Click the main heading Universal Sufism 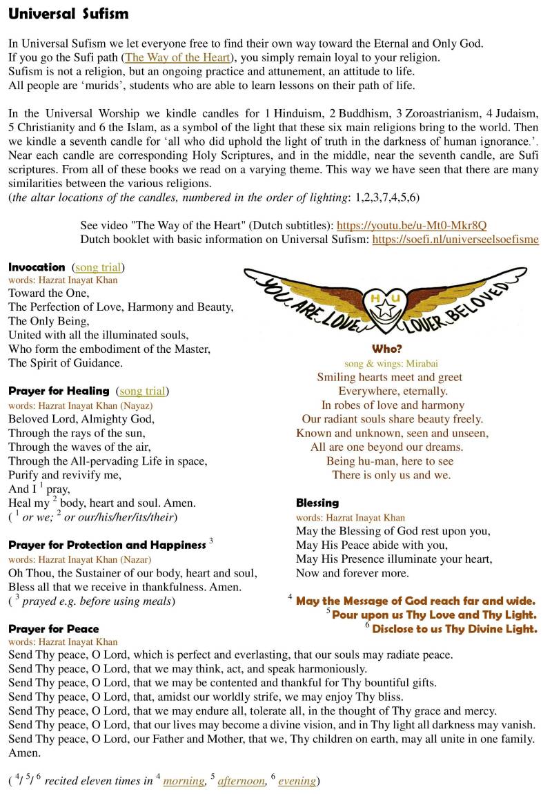coord(68,14)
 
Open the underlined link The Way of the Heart coord(177,57)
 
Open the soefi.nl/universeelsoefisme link coord(455,240)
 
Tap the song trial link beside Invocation coord(99,267)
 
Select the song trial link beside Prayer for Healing coord(142,391)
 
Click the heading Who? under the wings coord(386,349)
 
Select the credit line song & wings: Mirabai coord(391,363)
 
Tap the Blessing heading coord(317,503)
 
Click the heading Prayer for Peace coord(54,628)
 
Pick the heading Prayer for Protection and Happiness coord(107,545)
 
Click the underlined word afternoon coord(241,781)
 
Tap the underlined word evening coord(297,781)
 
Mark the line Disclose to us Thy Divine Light coord(455,628)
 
